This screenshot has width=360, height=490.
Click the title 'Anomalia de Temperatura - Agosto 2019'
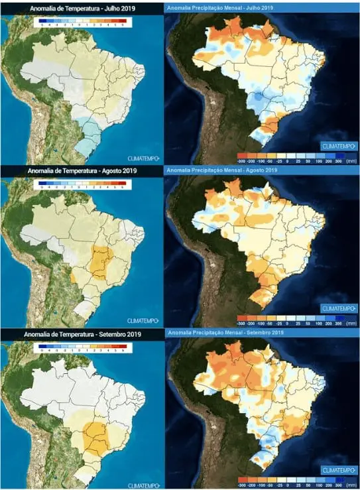coord(81,171)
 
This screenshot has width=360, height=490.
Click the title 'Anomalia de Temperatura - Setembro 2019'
coord(81,334)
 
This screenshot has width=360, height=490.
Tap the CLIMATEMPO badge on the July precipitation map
coord(339,145)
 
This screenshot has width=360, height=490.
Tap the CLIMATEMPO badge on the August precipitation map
coord(339,308)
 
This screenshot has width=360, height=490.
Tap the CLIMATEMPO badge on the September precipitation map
coord(339,470)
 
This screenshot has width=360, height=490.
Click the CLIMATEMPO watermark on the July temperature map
coord(142,156)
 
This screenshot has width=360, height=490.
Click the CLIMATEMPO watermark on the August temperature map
coord(142,319)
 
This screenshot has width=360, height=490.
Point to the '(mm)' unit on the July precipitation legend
coord(351,160)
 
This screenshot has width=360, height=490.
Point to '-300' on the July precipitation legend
coord(241,160)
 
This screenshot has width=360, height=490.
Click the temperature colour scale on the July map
coord(81,21)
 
